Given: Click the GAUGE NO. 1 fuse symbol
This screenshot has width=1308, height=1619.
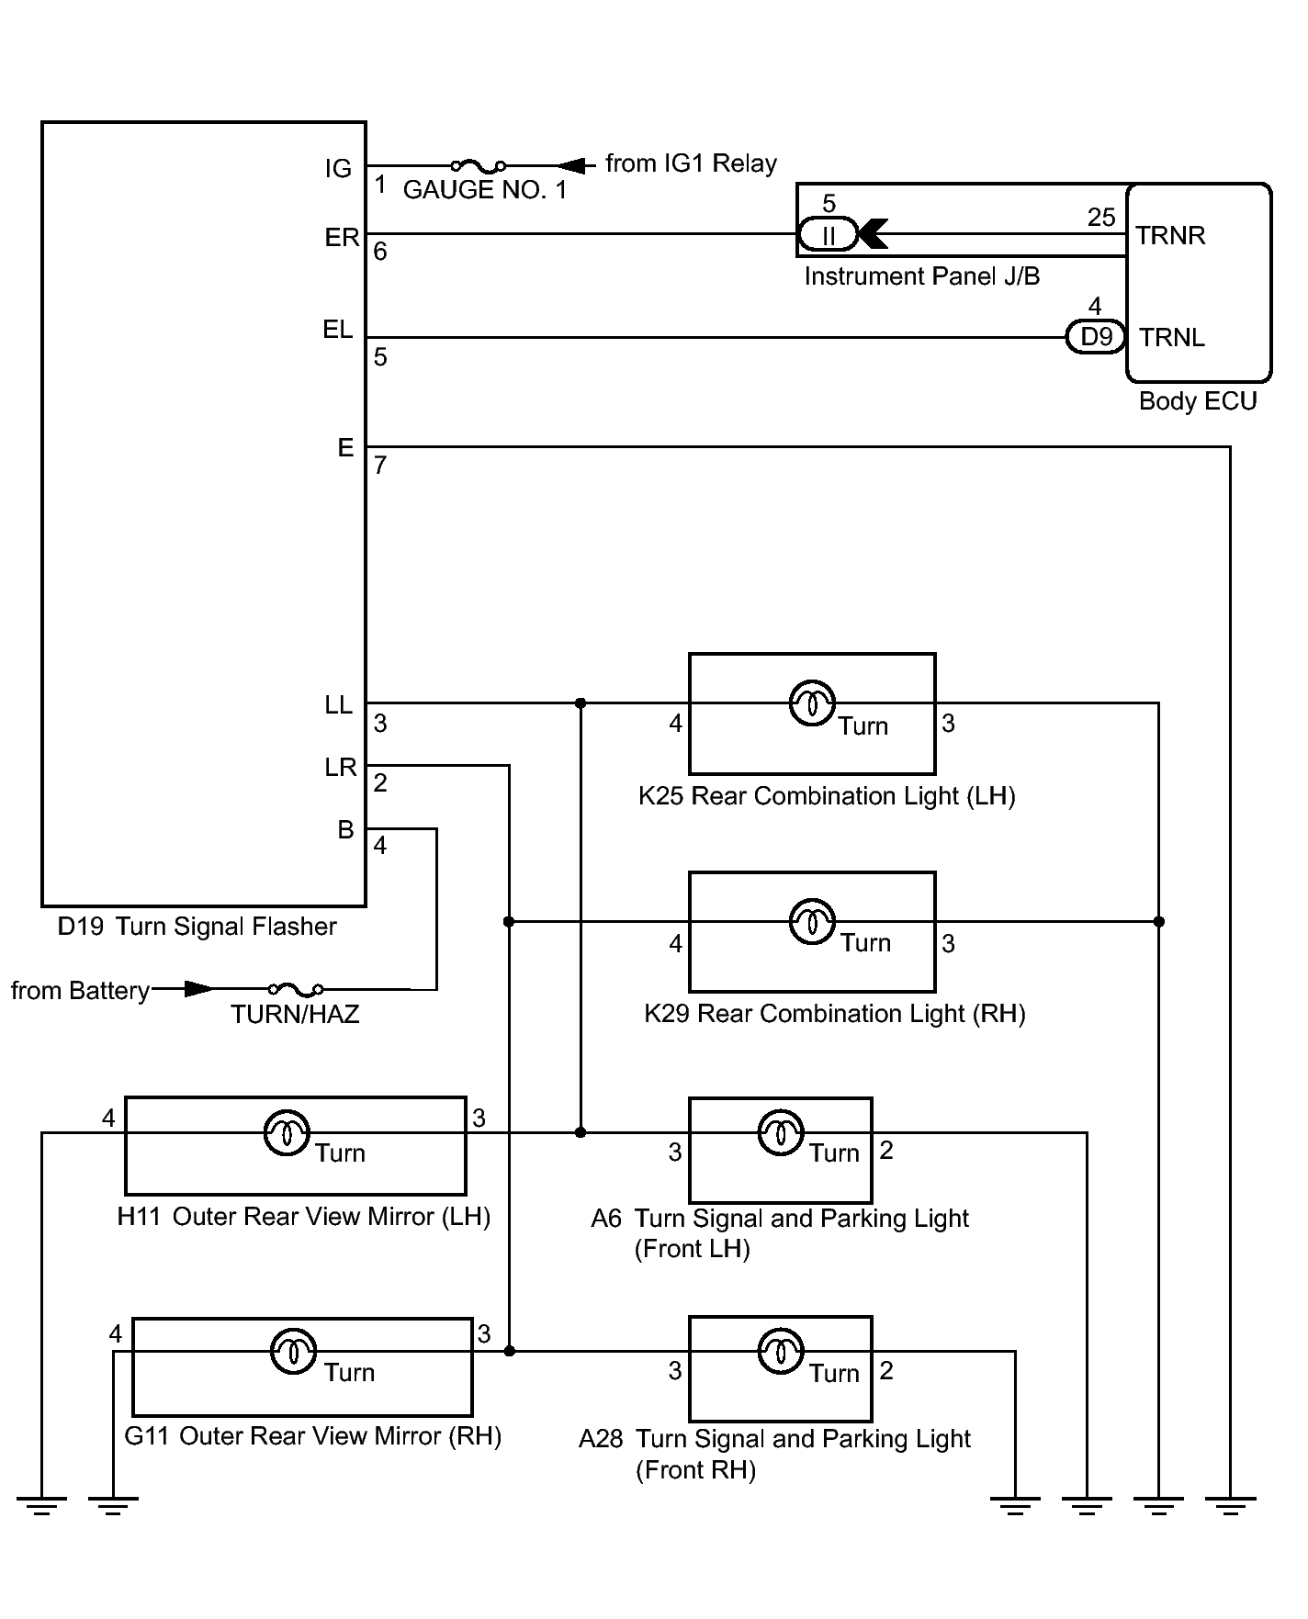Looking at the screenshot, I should click(478, 166).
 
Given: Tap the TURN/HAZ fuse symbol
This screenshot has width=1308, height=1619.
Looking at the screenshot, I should click(295, 989).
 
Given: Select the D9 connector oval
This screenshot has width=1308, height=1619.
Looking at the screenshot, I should click(1096, 337).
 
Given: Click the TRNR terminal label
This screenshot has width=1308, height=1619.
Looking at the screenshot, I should click(1169, 236).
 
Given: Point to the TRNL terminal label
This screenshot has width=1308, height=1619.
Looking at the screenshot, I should click(1172, 338).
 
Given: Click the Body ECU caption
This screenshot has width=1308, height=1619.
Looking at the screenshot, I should click(1197, 401).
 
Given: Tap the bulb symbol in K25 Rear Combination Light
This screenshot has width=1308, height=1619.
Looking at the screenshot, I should click(812, 703).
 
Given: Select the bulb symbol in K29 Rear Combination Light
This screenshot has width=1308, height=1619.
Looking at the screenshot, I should click(812, 921).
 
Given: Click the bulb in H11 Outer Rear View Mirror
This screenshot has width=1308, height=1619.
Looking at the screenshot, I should click(287, 1133).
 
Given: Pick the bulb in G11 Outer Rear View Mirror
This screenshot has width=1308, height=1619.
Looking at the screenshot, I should click(293, 1352).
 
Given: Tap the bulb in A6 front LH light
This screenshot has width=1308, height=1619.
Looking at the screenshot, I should click(780, 1133).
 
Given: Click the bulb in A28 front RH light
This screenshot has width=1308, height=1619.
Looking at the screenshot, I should click(780, 1352).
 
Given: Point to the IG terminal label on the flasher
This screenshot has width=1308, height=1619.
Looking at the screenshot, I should click(338, 169).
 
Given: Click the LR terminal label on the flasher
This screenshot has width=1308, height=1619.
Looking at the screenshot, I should click(340, 768).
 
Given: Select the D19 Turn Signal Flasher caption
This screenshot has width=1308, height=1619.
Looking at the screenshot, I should click(197, 927).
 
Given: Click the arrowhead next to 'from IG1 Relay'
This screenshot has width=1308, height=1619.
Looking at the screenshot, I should click(572, 166).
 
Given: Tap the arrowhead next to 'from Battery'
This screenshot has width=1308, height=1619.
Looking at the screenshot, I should click(197, 989).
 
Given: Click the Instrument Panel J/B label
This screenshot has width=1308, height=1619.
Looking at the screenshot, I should click(921, 276).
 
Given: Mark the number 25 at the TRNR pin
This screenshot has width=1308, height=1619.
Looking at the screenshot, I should click(1100, 218).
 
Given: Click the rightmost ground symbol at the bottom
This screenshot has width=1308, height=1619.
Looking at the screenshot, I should click(1230, 1503).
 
